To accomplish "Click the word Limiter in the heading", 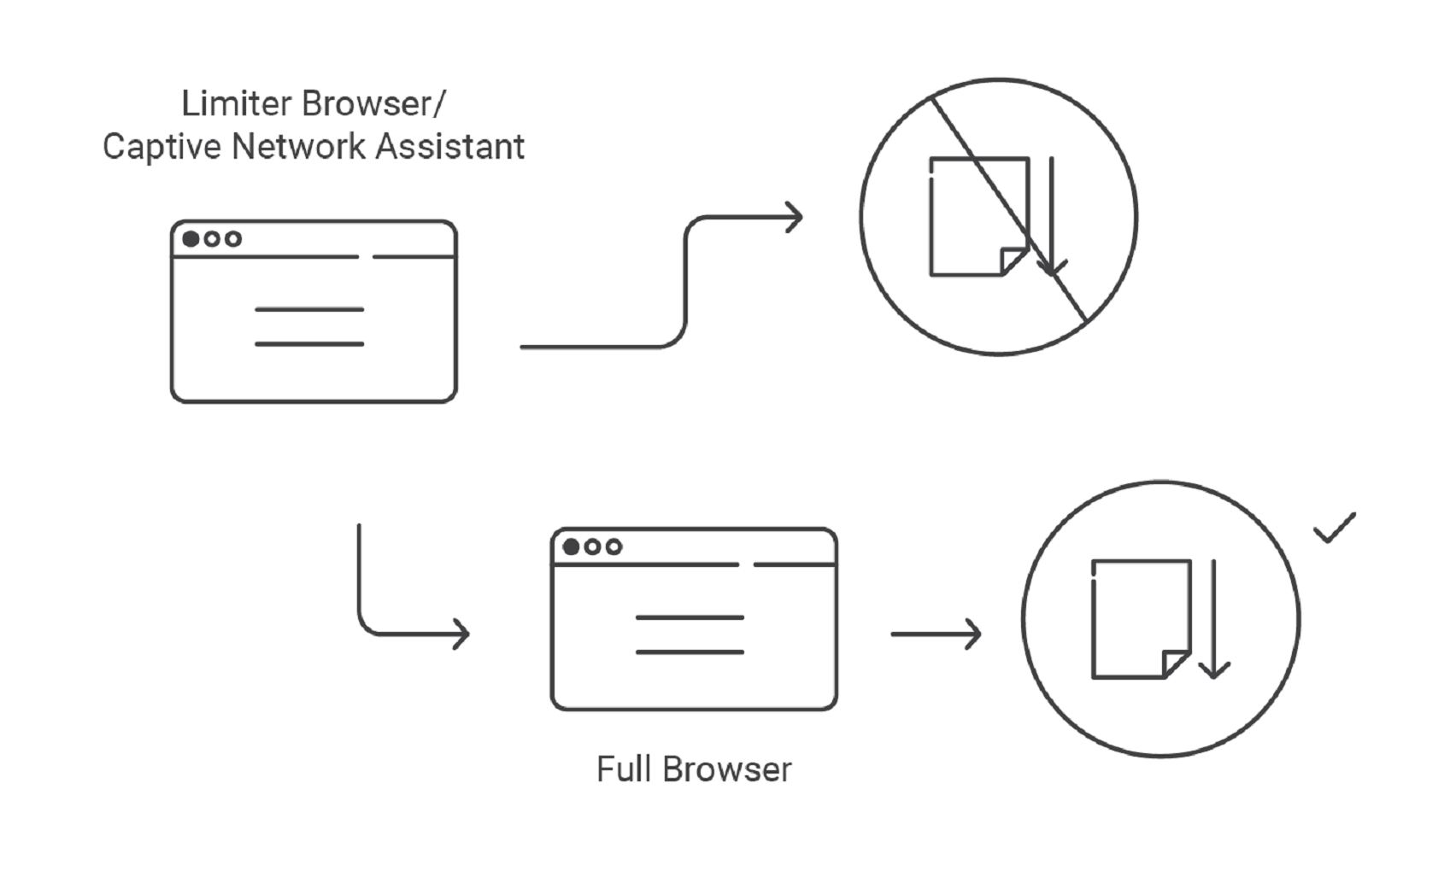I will [x=237, y=104].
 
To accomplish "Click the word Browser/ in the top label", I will [x=373, y=104].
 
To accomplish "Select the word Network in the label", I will [x=298, y=147].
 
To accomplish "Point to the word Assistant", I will [x=449, y=147].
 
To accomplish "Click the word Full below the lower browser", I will [x=624, y=769].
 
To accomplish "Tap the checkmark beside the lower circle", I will [x=1334, y=528].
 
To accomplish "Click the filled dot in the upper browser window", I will [x=191, y=238].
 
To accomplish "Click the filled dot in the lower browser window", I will [x=571, y=547].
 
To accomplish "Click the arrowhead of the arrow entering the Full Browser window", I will [x=461, y=634].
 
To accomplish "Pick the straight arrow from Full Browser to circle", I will [x=936, y=634].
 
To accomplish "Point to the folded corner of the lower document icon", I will [x=1176, y=663].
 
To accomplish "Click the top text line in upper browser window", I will [x=309, y=309].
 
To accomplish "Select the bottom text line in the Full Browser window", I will [x=690, y=652].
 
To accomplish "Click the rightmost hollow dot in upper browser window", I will [x=232, y=238].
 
